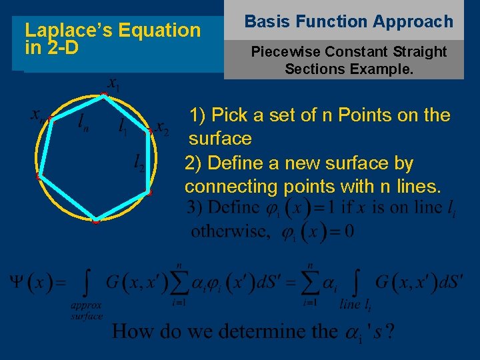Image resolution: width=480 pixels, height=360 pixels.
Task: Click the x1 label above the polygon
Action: [x=114, y=85]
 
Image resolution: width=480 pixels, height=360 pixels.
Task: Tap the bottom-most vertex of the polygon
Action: [x=95, y=221]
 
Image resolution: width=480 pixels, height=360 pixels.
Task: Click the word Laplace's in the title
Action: [x=59, y=30]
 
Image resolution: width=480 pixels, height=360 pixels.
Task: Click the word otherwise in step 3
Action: [x=229, y=231]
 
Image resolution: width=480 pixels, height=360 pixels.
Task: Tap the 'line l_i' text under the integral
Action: [x=354, y=305]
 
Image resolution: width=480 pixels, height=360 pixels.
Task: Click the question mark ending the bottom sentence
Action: [x=390, y=331]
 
